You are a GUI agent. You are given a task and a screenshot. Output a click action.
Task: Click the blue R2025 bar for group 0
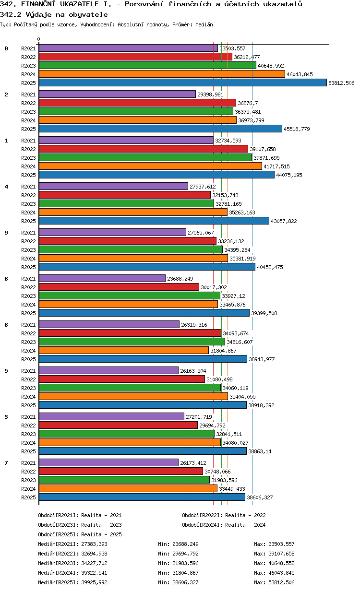(182, 83)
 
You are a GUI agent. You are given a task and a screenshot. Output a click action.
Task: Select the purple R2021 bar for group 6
(102, 278)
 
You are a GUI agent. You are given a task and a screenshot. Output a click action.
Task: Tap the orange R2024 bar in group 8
(123, 350)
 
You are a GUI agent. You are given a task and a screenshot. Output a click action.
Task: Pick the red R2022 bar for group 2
(137, 103)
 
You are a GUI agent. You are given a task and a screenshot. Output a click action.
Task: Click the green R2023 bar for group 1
(145, 157)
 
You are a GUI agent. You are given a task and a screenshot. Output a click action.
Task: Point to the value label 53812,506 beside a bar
(341, 83)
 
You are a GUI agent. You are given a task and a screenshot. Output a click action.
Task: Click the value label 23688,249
(180, 279)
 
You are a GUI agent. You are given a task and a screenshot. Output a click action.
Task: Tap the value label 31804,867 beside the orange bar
(224, 351)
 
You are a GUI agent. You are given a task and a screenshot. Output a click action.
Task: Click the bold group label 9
(6, 233)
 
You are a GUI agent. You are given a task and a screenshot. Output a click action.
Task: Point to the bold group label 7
(6, 463)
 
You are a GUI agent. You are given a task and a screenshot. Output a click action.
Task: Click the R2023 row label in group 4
(29, 204)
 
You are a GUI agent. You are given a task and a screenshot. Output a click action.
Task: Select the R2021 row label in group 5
(29, 371)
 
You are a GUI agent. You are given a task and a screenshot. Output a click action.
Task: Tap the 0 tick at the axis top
(39, 39)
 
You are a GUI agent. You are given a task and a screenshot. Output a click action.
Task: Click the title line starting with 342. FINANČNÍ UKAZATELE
(152, 4)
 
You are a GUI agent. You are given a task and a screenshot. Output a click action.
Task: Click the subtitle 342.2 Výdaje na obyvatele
(54, 14)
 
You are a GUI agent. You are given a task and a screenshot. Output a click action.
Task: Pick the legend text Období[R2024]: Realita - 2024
(224, 525)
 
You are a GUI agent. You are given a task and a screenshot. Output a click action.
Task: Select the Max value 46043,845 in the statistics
(274, 573)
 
